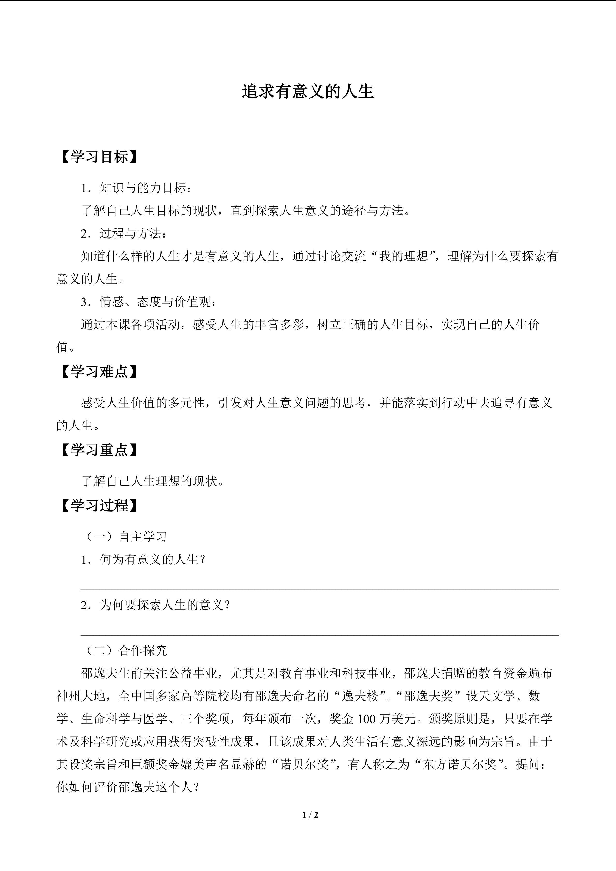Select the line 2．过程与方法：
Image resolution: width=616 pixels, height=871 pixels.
(x=124, y=233)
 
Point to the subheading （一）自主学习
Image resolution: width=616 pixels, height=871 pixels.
(x=124, y=537)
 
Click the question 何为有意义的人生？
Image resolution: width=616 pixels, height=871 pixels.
(x=152, y=559)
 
